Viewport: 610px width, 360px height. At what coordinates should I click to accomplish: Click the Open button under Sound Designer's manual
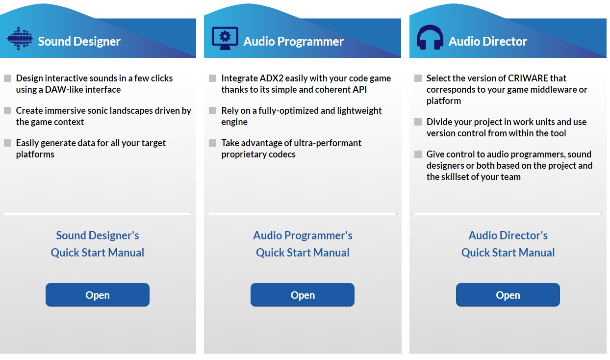[x=97, y=295]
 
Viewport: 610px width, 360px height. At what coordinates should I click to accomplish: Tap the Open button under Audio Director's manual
[x=508, y=295]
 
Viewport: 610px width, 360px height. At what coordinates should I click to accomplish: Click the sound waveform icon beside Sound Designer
[x=20, y=39]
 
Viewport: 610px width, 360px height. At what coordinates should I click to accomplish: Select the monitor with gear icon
[x=225, y=38]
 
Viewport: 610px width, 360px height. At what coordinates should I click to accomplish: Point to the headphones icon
[x=430, y=38]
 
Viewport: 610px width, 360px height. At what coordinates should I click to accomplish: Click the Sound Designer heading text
[x=79, y=41]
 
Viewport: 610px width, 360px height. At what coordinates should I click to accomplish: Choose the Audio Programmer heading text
[x=293, y=41]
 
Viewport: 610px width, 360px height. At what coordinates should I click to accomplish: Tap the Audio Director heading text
[x=488, y=41]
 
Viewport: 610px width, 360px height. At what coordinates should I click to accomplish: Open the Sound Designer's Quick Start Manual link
[x=97, y=244]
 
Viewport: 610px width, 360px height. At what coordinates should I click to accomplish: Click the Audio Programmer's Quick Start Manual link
[x=303, y=244]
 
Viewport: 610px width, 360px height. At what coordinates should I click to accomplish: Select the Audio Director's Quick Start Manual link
[x=508, y=244]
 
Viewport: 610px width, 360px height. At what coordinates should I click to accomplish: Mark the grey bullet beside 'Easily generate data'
[x=8, y=143]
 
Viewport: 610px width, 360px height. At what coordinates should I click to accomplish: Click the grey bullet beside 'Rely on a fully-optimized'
[x=212, y=111]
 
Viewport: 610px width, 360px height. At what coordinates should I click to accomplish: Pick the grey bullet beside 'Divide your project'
[x=418, y=122]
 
